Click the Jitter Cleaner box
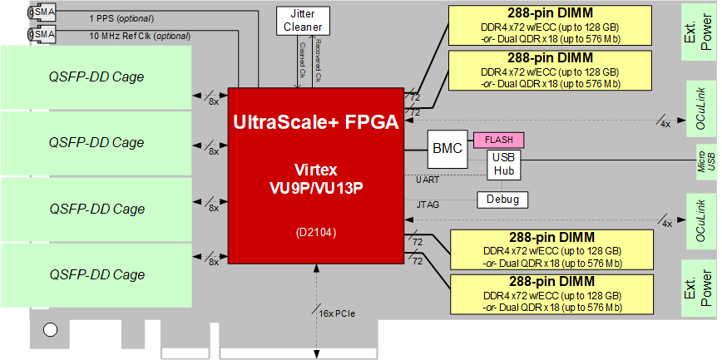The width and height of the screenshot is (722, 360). coord(303,20)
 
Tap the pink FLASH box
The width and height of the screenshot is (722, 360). coord(499,140)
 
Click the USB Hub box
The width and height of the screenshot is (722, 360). coord(505,165)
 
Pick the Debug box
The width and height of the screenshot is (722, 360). coord(502,200)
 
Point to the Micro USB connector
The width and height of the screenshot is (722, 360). coord(707,165)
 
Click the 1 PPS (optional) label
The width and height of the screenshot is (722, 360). coord(121,19)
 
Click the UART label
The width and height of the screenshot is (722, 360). coord(427,180)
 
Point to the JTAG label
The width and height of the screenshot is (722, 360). coord(427,204)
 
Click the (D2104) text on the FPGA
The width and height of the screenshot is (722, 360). coord(316,233)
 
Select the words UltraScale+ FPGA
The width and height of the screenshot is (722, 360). coord(316,122)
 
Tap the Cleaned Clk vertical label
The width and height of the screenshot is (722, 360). coord(302,61)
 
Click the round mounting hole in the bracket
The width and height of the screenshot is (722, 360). coord(50,330)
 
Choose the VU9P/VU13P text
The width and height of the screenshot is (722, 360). coord(316,189)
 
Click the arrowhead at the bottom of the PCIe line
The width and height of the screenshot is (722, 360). coord(316,354)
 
